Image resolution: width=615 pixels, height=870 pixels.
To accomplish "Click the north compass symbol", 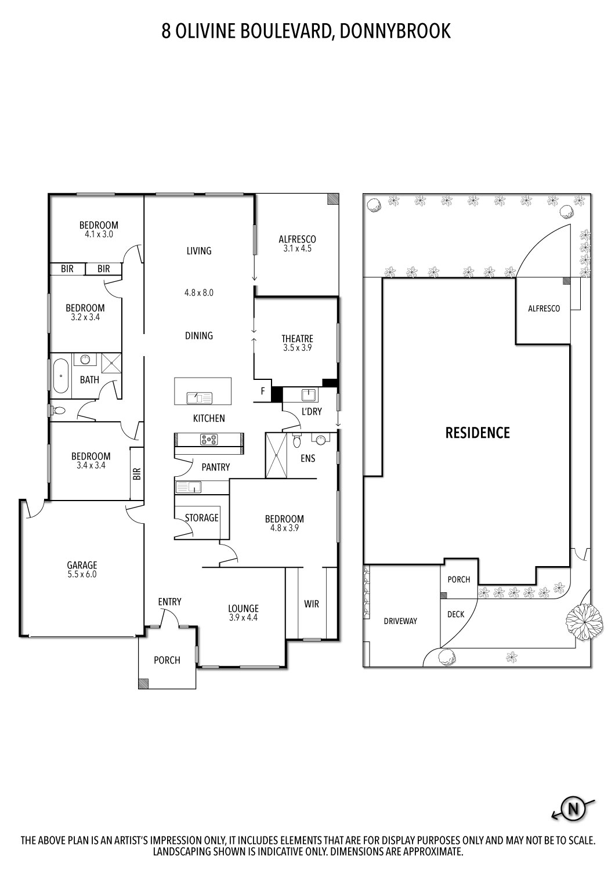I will [573, 808].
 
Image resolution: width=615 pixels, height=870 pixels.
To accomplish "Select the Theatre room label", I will [297, 339].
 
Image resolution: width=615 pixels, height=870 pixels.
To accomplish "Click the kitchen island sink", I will [199, 398].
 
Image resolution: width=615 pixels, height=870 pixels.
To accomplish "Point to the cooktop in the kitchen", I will [209, 440].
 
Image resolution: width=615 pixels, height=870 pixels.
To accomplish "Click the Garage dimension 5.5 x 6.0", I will [82, 575].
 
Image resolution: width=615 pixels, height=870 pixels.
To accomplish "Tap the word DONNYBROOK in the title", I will [395, 31].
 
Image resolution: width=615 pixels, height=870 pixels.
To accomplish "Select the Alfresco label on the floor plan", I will [297, 239].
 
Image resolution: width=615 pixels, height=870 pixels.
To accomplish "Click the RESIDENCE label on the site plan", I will [477, 433].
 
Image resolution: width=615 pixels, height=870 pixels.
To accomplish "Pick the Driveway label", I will [400, 621].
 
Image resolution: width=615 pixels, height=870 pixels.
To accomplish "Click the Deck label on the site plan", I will [455, 614].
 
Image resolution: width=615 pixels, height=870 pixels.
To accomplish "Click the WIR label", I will [312, 604].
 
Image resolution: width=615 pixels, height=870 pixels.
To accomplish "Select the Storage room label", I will [201, 517].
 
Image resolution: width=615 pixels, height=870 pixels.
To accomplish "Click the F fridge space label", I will [262, 391].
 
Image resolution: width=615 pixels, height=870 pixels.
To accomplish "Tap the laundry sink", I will [309, 396].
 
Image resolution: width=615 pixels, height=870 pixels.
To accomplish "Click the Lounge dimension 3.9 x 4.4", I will [243, 618].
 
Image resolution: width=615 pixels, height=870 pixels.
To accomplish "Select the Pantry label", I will [215, 467].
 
